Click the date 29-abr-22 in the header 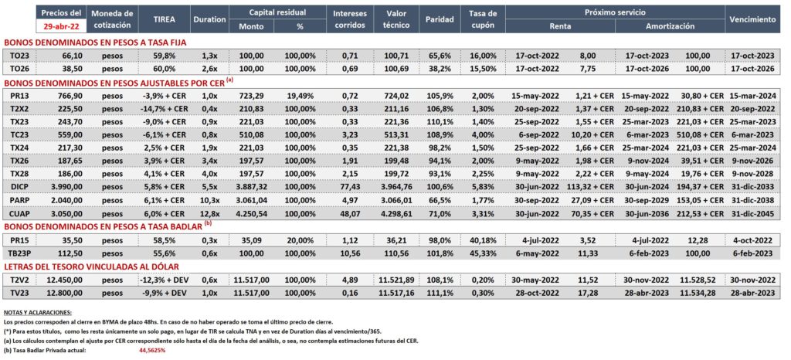pyautogui.click(x=60, y=27)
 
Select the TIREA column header pyautogui.click(x=164, y=19)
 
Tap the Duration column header pyautogui.click(x=209, y=19)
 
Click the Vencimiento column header pyautogui.click(x=752, y=19)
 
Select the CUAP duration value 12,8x pyautogui.click(x=209, y=212)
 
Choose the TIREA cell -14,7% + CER pyautogui.click(x=164, y=107)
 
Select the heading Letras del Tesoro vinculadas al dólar pyautogui.click(x=91, y=267)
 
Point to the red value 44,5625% pyautogui.click(x=152, y=350)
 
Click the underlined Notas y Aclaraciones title pyautogui.click(x=37, y=313)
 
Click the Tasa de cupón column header pyautogui.click(x=482, y=19)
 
